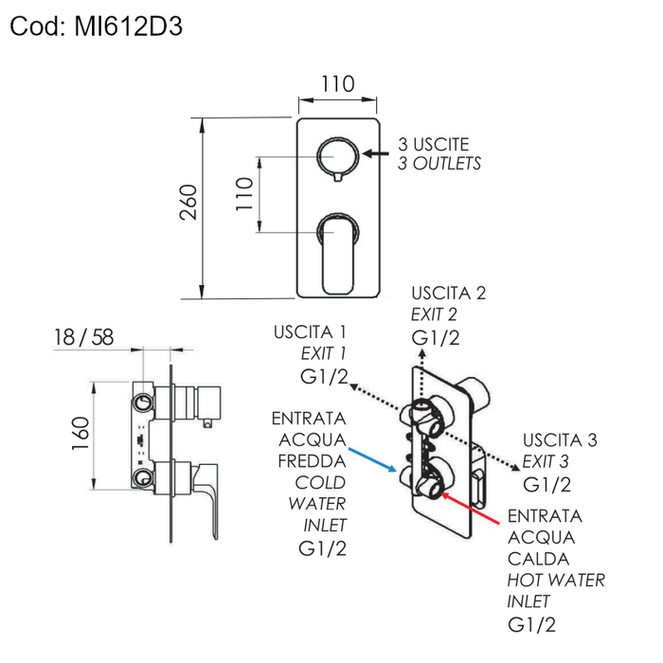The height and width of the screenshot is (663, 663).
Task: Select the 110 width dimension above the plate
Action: pyautogui.click(x=337, y=84)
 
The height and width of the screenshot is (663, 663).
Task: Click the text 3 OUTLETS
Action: pyautogui.click(x=439, y=164)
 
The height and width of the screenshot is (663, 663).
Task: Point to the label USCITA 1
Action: pyautogui.click(x=310, y=332)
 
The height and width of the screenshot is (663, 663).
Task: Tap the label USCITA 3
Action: pyautogui.click(x=560, y=440)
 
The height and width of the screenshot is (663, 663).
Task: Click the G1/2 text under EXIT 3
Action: pyautogui.click(x=547, y=485)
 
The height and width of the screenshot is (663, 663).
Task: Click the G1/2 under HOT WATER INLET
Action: pyautogui.click(x=531, y=623)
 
